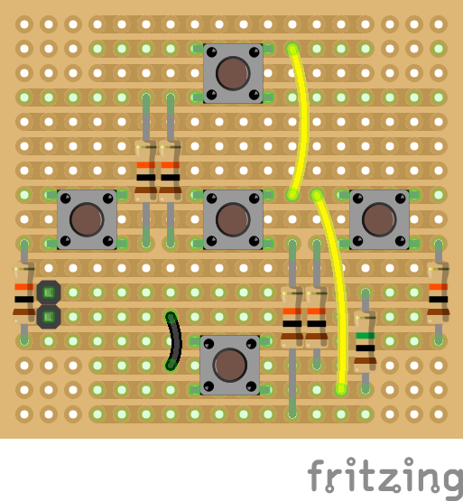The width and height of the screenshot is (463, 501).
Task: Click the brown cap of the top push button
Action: (233, 73)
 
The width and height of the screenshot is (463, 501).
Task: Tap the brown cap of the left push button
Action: (87, 219)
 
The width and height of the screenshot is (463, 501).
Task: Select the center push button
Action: (233, 219)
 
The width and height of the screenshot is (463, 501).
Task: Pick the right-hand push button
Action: (379, 219)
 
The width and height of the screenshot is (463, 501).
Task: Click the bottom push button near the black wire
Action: (230, 366)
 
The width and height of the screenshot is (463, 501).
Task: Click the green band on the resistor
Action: (366, 336)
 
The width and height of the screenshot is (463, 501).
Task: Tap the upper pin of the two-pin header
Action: (49, 292)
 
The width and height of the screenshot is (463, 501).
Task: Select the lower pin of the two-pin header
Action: (49, 317)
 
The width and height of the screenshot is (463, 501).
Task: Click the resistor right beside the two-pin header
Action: (24, 292)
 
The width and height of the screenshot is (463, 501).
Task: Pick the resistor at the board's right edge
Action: (439, 292)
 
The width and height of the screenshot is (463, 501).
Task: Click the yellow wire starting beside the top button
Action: (302, 122)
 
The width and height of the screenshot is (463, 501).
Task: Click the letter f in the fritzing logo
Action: (317, 475)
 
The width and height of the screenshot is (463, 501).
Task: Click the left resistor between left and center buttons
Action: (146, 171)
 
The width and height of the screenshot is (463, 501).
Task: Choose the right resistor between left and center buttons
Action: (171, 171)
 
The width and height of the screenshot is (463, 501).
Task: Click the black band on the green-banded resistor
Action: (366, 348)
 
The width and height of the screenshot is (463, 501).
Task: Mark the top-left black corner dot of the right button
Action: (358, 199)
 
